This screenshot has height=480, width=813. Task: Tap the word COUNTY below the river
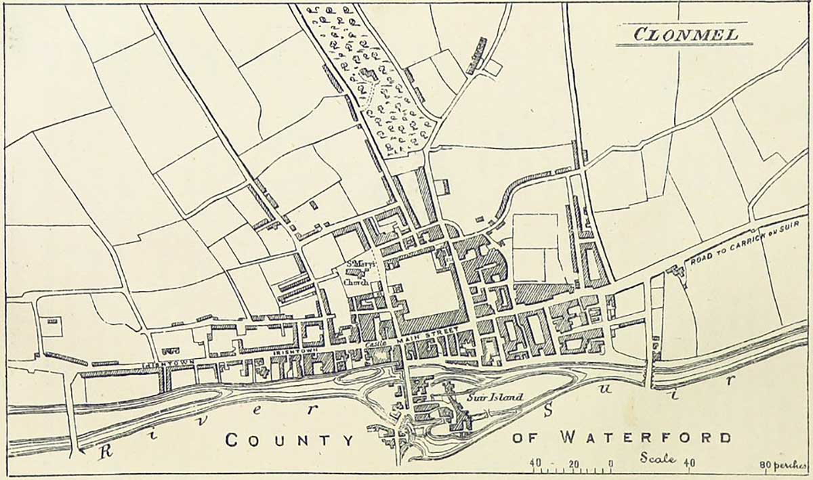289,440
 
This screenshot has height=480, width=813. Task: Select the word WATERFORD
646,437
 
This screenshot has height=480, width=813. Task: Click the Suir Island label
494,397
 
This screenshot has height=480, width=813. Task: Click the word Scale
658,458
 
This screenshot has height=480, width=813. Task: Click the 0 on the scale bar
611,464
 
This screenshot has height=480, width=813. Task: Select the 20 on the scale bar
573,464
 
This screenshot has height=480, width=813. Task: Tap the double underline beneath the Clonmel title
684,45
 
